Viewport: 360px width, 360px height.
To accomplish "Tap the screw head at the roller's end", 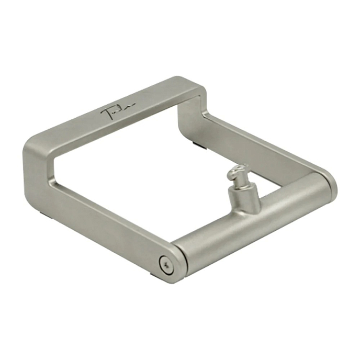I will coord(166,265).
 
